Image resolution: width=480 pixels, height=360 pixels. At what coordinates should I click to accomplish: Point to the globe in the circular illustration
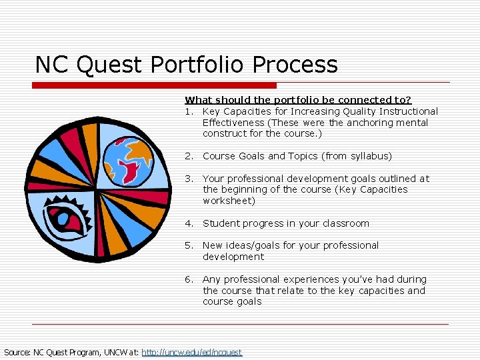tap(133, 160)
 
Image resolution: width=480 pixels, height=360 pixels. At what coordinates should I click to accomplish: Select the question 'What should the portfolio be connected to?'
tap(298, 100)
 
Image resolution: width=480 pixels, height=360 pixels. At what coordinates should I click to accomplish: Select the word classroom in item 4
tap(344, 223)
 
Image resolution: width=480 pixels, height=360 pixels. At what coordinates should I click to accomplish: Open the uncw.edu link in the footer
tap(192, 352)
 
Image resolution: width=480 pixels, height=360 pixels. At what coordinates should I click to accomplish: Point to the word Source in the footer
tap(17, 352)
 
